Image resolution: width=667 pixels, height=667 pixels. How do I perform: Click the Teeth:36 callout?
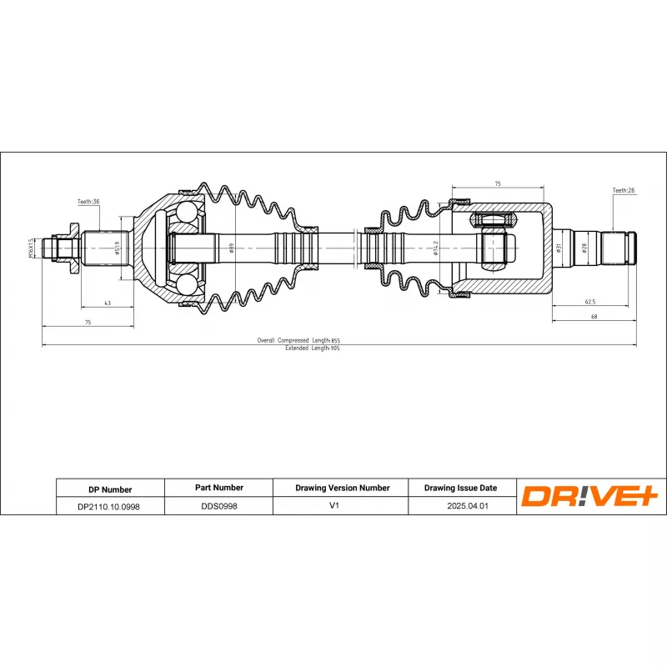coord(88,202)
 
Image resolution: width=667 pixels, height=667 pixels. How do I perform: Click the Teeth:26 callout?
coord(624,191)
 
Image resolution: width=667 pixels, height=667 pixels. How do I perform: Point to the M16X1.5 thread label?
coord(32,248)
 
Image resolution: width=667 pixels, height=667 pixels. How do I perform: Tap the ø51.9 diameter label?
coord(118,248)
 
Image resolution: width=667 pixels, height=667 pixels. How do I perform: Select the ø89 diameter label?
coord(232,248)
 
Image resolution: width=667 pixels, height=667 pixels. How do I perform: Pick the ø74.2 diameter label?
coord(435,248)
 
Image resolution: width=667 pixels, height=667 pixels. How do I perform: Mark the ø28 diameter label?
coord(584,248)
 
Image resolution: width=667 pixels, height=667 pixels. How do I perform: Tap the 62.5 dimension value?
coord(589,302)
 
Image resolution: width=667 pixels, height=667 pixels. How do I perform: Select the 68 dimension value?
coord(593,316)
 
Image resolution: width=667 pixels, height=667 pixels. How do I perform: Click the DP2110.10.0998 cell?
coord(109,506)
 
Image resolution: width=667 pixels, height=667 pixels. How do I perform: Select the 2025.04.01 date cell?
coord(460,505)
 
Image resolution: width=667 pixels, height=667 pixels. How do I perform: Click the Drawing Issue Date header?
coord(460,488)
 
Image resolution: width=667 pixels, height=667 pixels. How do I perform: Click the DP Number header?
coord(109,489)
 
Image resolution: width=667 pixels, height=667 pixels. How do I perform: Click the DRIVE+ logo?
coord(590,496)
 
